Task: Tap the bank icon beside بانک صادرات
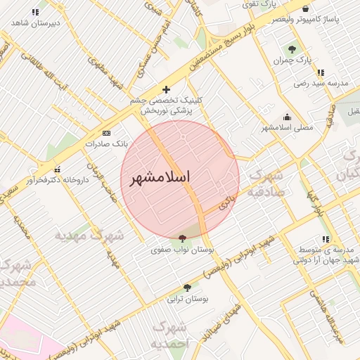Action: (106, 132)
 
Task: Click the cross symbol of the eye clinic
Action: (166, 89)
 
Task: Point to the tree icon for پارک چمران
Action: (292, 49)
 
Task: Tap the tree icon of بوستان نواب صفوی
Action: (183, 238)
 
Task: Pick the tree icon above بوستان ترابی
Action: (187, 288)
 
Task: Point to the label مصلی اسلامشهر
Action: (287, 128)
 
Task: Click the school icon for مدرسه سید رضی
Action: (321, 72)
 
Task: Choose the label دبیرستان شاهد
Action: (36, 23)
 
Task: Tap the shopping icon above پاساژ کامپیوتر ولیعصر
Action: (305, 8)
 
